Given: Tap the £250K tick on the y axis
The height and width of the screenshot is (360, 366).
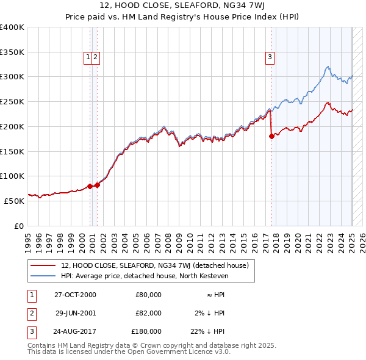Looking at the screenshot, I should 13,102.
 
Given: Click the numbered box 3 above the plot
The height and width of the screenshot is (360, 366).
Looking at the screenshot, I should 269,58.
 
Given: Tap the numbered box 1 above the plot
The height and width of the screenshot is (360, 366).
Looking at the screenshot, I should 89,58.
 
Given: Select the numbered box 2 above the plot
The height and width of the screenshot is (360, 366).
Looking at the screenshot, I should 96,58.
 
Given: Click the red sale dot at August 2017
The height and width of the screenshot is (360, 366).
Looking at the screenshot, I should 271,137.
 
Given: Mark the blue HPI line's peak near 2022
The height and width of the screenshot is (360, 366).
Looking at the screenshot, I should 328,67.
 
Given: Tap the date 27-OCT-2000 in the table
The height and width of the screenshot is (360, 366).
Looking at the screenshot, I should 75,295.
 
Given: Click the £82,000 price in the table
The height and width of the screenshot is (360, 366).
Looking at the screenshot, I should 148,313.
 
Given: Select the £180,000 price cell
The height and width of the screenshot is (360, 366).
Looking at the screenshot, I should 146,331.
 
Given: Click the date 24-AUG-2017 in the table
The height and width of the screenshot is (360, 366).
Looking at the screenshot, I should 75,331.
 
